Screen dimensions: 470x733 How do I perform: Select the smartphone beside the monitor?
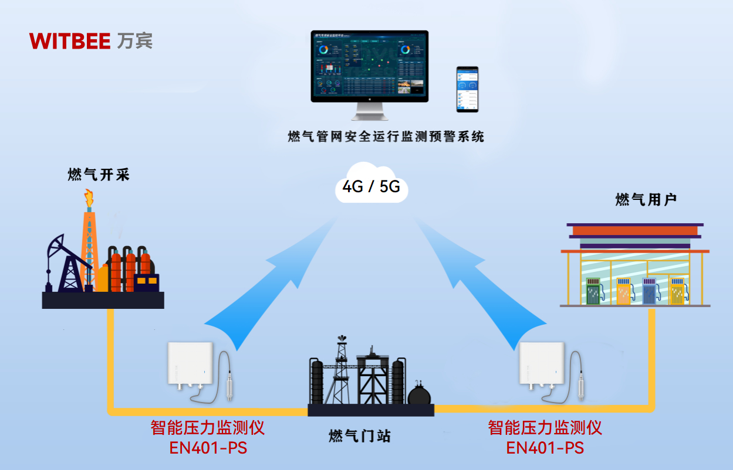pyautogui.click(x=467, y=89)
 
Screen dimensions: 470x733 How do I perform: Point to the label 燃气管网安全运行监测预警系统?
pyautogui.click(x=386, y=137)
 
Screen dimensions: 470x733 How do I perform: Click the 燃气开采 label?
pyautogui.click(x=98, y=175)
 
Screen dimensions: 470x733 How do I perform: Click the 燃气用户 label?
pyautogui.click(x=646, y=200)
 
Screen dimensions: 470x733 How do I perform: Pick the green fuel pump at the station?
pyautogui.click(x=594, y=291)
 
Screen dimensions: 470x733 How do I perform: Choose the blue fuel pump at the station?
pyautogui.click(x=649, y=291)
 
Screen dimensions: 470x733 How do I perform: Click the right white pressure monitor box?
pyautogui.click(x=541, y=364)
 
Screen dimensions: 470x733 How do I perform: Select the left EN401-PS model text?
pyautogui.click(x=208, y=448)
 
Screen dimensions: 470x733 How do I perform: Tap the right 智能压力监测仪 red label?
pyautogui.click(x=545, y=428)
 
